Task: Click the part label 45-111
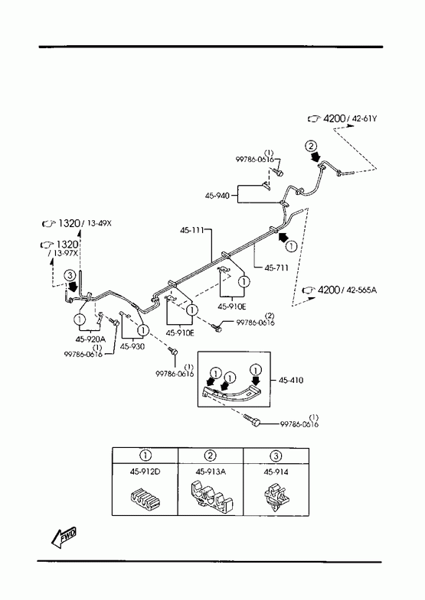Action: pyautogui.click(x=191, y=230)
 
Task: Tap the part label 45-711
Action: pyautogui.click(x=276, y=268)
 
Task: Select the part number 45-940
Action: pyautogui.click(x=217, y=196)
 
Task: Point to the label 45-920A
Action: pyautogui.click(x=90, y=339)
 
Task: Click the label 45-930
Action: pyautogui.click(x=132, y=347)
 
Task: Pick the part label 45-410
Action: pyautogui.click(x=291, y=381)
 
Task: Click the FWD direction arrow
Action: pyautogui.click(x=64, y=537)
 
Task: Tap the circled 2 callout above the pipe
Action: pyautogui.click(x=311, y=146)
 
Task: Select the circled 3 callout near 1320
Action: pyautogui.click(x=69, y=275)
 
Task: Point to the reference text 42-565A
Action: pyautogui.click(x=361, y=290)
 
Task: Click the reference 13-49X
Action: pyautogui.click(x=99, y=223)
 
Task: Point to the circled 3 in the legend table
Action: pyautogui.click(x=276, y=456)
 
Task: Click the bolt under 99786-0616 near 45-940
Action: pyautogui.click(x=279, y=172)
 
